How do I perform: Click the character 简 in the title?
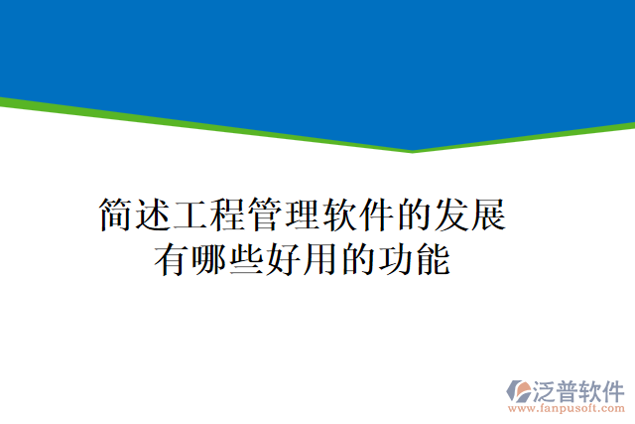pyautogui.click(x=117, y=215)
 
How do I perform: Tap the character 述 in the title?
pyautogui.click(x=155, y=215)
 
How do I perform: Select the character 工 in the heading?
pyautogui.click(x=192, y=215)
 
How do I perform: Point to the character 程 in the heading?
pyautogui.click(x=230, y=215)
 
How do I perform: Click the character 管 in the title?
pyautogui.click(x=268, y=215)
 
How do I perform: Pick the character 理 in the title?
pyautogui.click(x=305, y=215)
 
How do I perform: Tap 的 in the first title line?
pyautogui.click(x=417, y=215)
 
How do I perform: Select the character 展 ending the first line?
pyautogui.click(x=491, y=215)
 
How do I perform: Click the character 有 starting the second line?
pyautogui.click(x=174, y=260)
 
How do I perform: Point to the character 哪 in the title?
pyautogui.click(x=210, y=260)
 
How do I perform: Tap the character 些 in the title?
pyautogui.click(x=248, y=260)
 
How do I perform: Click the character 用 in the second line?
pyautogui.click(x=322, y=260)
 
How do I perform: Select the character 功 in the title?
pyautogui.click(x=397, y=260)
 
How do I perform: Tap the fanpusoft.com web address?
pyautogui.click(x=566, y=408)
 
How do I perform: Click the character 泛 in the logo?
pyautogui.click(x=543, y=389)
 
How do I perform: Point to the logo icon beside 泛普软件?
pyautogui.click(x=519, y=390)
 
